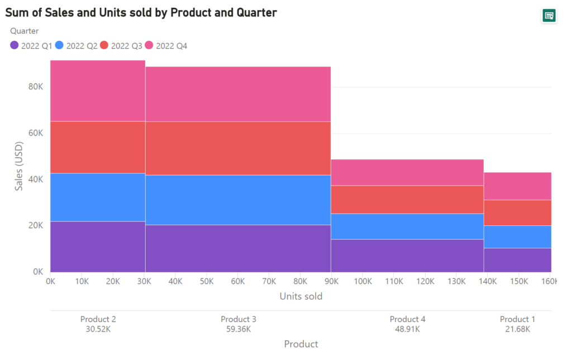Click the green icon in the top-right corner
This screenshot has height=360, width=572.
coord(549,16)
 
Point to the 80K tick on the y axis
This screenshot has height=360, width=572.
coord(36,87)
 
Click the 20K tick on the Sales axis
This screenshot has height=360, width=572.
coord(36,225)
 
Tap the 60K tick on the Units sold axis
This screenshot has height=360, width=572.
coord(238,282)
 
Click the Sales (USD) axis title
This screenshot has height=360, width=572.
coord(20,166)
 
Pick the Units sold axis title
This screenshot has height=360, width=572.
coord(301,296)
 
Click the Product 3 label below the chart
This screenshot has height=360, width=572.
coord(239,319)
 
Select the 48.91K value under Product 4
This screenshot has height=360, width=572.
coord(407,329)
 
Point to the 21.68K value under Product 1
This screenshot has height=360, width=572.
coord(517,329)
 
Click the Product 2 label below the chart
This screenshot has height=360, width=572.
coord(98,319)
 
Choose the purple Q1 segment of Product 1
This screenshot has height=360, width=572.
coord(517,260)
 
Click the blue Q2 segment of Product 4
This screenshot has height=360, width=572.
coord(407,226)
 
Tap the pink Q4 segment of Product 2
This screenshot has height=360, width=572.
coord(98,91)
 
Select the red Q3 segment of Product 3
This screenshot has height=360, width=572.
coord(238,148)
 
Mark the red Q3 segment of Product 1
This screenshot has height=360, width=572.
coord(517,212)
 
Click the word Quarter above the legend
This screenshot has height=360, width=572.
coord(25,31)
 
